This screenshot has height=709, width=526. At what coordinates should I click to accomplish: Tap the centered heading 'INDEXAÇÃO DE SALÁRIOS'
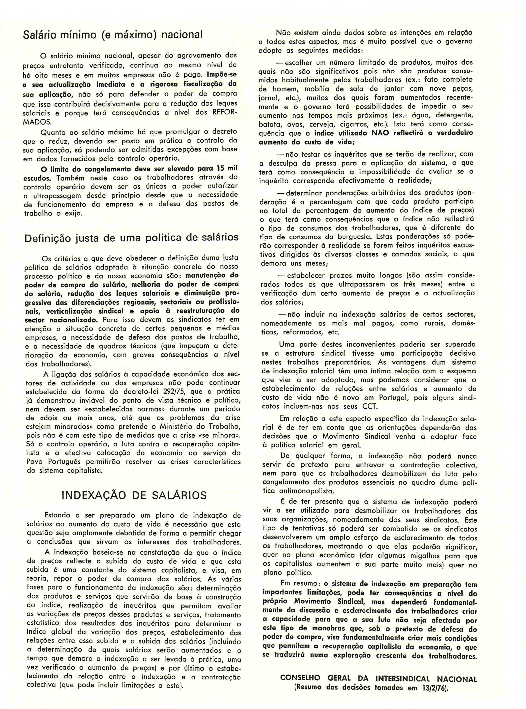134,495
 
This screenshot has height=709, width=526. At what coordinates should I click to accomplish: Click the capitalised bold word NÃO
380,133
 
